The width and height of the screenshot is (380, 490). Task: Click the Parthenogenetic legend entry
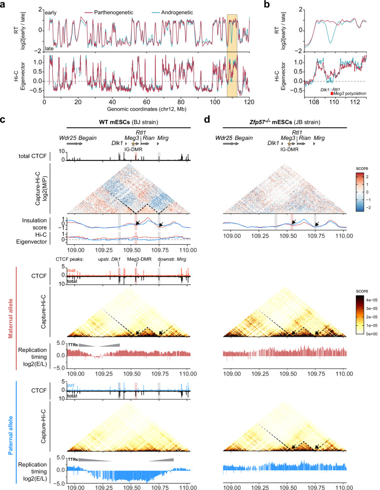(x=109, y=12)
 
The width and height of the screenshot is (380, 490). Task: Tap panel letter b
(x=267, y=4)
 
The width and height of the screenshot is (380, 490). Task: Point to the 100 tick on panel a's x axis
(x=215, y=102)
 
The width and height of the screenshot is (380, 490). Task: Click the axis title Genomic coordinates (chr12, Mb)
(x=147, y=109)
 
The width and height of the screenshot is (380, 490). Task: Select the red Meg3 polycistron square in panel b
(x=332, y=93)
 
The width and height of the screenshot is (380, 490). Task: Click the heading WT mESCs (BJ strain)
(x=128, y=122)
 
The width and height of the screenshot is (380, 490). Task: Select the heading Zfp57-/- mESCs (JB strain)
(x=285, y=122)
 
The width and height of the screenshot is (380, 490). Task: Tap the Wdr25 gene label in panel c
(x=68, y=138)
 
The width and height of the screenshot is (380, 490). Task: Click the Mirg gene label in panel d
(x=319, y=138)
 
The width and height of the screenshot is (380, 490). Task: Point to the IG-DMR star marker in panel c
(x=133, y=144)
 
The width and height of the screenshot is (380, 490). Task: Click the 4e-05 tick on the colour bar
(x=372, y=300)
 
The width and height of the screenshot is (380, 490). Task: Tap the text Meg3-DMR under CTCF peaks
(x=137, y=259)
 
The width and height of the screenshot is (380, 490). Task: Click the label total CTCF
(x=33, y=156)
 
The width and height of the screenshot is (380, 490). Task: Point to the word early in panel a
(x=51, y=13)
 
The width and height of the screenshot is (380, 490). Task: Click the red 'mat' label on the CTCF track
(x=71, y=270)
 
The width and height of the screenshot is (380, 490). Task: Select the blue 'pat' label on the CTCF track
(x=71, y=385)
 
